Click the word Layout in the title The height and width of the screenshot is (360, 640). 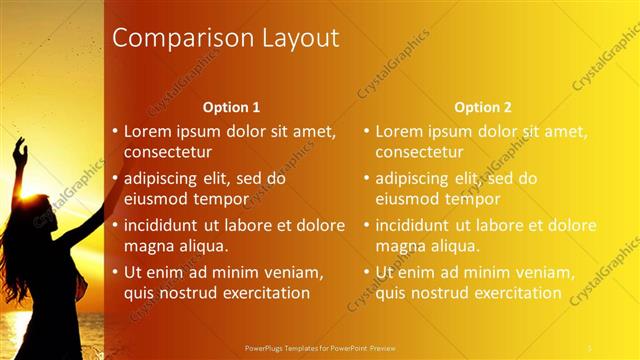(x=297, y=39)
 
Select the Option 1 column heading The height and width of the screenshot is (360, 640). (x=231, y=107)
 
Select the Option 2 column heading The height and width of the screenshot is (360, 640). (x=482, y=107)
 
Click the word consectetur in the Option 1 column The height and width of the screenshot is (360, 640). (x=167, y=152)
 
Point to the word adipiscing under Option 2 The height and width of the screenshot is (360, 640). (x=412, y=178)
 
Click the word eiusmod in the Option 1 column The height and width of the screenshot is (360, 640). (x=156, y=199)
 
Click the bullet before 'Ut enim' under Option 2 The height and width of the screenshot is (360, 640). (x=367, y=272)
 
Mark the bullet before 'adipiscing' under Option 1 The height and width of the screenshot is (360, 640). (x=116, y=178)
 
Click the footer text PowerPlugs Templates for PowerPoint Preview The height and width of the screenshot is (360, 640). (x=320, y=349)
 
